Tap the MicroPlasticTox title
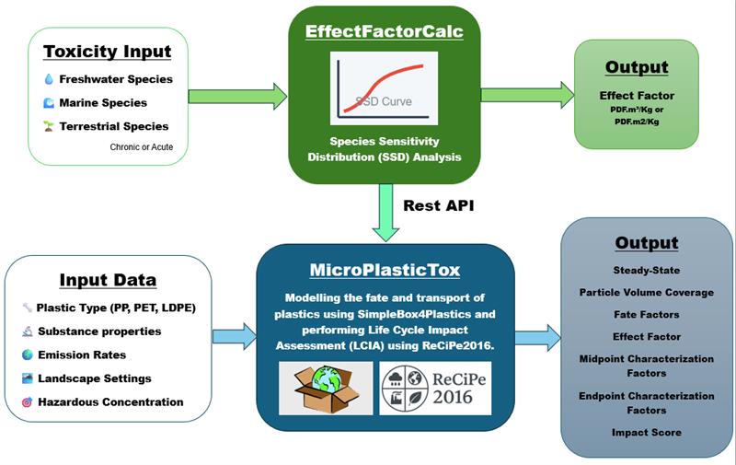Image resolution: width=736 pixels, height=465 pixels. [x=385, y=273]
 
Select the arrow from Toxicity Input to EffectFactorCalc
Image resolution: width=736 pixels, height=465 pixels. [x=237, y=95]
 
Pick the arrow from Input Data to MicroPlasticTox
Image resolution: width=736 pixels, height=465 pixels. [x=235, y=336]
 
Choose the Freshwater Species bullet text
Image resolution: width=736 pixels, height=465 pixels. [x=115, y=79]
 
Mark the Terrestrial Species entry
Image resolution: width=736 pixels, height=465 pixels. [x=114, y=125]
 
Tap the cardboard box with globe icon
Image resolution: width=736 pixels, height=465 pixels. [x=327, y=388]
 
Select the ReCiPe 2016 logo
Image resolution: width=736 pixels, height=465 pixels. [x=435, y=388]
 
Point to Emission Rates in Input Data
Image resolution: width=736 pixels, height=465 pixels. [x=86, y=354]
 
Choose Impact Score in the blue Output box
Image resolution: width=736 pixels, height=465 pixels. [x=646, y=432]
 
